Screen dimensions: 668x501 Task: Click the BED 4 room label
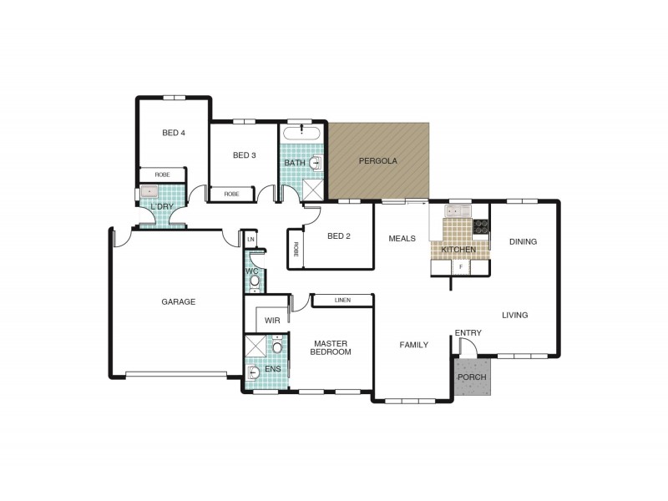(x=174, y=133)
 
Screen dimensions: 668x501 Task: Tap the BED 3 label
(x=244, y=155)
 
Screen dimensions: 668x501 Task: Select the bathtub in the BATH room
(x=302, y=133)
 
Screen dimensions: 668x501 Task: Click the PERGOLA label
(x=378, y=161)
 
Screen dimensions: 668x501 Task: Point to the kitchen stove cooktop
(x=481, y=226)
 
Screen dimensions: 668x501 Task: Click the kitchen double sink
(x=458, y=210)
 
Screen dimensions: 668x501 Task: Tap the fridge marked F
(x=461, y=267)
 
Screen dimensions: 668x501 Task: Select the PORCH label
(x=472, y=377)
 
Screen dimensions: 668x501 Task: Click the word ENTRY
(x=468, y=333)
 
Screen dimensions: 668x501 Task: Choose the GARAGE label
(x=178, y=302)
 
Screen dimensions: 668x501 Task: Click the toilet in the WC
(x=255, y=281)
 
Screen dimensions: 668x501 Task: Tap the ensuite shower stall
(x=256, y=346)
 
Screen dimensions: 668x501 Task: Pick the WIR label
(x=272, y=321)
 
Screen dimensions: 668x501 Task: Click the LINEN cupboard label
(x=342, y=301)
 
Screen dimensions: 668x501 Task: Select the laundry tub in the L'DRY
(x=149, y=192)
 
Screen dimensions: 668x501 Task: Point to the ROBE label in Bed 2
(x=296, y=249)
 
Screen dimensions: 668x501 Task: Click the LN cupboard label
(x=250, y=240)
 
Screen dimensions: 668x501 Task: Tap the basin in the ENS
(x=254, y=372)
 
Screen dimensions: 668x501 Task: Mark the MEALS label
(x=402, y=239)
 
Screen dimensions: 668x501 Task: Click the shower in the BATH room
(x=312, y=190)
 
